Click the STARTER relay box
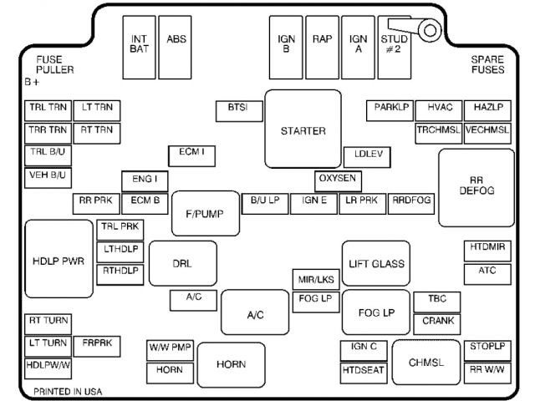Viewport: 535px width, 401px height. [x=303, y=129]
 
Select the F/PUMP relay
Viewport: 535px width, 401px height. [x=206, y=214]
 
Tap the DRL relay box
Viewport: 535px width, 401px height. [x=182, y=263]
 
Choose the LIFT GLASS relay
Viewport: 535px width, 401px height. [x=376, y=263]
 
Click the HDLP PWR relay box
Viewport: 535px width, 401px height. [x=59, y=260]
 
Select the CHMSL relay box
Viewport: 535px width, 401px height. [x=425, y=362]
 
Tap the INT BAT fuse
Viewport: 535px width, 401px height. [x=139, y=43]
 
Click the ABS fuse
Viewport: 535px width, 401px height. [x=176, y=39]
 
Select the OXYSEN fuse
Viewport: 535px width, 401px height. [x=337, y=180]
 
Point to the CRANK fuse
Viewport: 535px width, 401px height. [x=437, y=320]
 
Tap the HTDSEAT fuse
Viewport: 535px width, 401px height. [x=364, y=369]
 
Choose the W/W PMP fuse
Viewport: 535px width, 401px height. [x=171, y=347]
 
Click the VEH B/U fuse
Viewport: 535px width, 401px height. [x=48, y=176]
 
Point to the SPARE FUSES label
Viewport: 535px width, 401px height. [x=487, y=64]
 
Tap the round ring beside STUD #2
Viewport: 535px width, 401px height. [x=429, y=31]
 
